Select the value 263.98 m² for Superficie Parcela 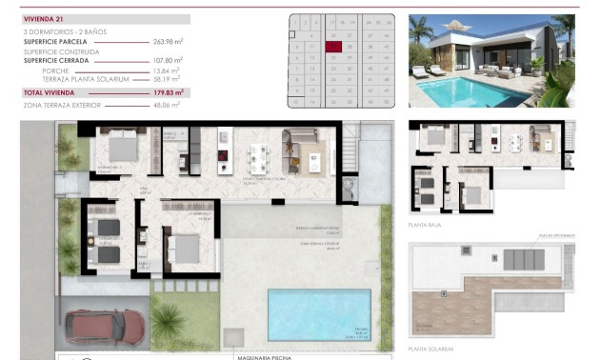coord(167,42)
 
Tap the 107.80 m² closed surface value coord(167,60)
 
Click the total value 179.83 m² coord(167,93)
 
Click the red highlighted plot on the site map coord(333,45)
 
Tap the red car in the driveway coord(105,328)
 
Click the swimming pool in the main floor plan coord(318,313)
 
